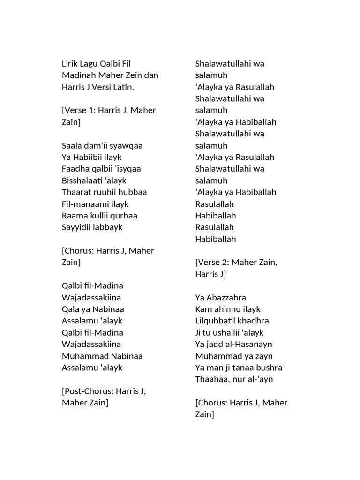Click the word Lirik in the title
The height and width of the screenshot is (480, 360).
coord(70,63)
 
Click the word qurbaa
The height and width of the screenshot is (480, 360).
coord(124,216)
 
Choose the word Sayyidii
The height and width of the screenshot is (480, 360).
coord(76,227)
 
